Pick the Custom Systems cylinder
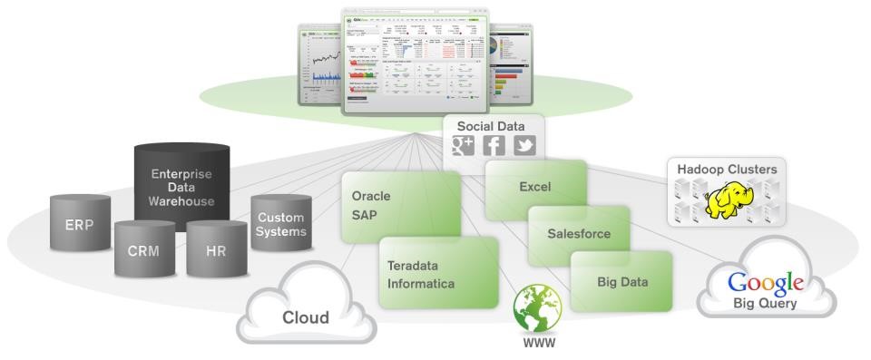tap(280, 225)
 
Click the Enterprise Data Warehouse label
tap(181, 186)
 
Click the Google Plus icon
tap(463, 146)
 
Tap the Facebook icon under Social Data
tap(495, 146)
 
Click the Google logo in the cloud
tap(766, 283)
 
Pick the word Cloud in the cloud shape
tap(305, 316)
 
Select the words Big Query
tap(766, 304)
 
